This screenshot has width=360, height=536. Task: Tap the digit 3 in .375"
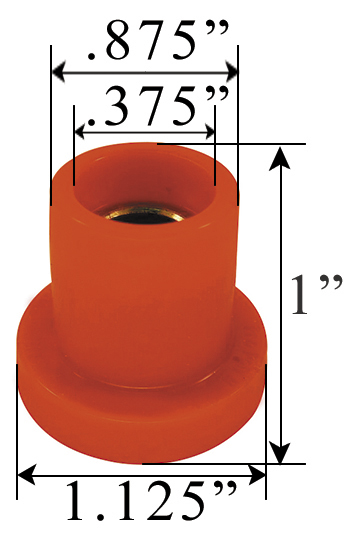click(117, 106)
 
